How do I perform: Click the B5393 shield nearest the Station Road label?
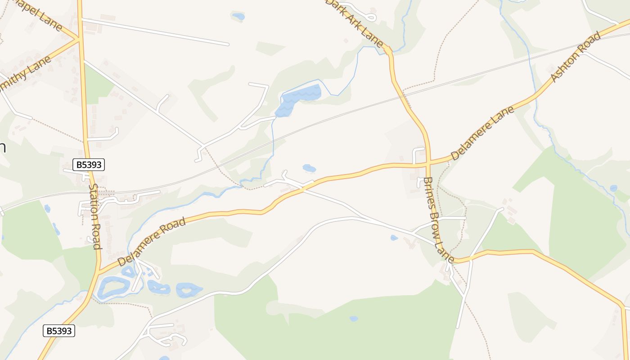(x=89, y=165)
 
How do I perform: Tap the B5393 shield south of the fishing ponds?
(x=59, y=331)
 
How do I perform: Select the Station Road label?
(x=94, y=216)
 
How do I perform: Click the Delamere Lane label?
(x=482, y=134)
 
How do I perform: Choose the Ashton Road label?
(x=576, y=57)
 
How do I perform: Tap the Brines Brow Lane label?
(x=438, y=220)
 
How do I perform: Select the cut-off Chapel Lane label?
(x=38, y=13)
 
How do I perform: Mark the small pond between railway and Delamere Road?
(x=309, y=168)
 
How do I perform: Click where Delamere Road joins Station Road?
(x=99, y=271)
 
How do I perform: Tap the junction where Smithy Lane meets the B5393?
(x=80, y=40)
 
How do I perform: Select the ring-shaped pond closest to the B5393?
(x=113, y=288)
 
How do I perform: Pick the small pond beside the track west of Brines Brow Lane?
(x=394, y=237)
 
